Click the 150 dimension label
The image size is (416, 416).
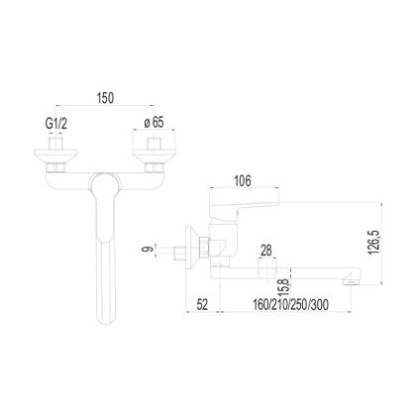[x=105, y=98]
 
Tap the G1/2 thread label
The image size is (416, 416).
[x=56, y=124]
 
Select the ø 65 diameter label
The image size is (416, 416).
[x=155, y=123]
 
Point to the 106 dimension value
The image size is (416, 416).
[x=243, y=181]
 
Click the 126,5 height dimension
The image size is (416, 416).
[x=374, y=243]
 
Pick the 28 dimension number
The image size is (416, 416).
[x=266, y=251]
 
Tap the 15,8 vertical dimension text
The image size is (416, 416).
[x=284, y=286]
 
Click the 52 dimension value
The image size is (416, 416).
[x=202, y=304]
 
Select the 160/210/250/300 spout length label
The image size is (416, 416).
[x=290, y=304]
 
